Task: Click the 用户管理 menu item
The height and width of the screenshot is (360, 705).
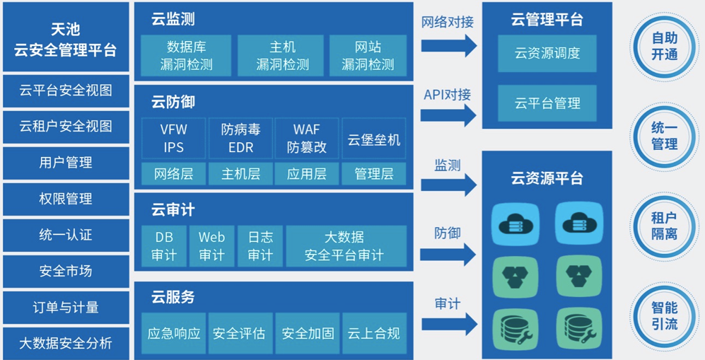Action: tap(66, 163)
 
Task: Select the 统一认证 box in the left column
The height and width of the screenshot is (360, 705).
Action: tap(66, 235)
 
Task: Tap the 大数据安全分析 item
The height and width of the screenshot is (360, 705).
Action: tap(66, 344)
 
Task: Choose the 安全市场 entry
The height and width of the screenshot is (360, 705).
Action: tap(66, 271)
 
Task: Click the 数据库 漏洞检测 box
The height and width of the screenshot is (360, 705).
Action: tap(186, 57)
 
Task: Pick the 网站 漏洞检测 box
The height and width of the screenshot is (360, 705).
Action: tap(368, 57)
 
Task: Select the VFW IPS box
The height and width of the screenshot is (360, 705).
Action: tap(173, 139)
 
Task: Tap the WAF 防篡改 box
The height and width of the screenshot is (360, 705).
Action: tap(307, 139)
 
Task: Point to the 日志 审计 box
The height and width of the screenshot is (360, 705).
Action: tap(260, 245)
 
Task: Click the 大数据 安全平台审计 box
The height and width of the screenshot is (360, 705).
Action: tap(346, 245)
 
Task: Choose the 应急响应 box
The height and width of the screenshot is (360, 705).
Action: tap(173, 332)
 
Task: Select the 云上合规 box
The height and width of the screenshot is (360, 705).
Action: tap(374, 332)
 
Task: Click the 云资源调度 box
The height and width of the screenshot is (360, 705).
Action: tap(547, 53)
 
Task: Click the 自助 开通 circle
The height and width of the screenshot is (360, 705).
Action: tap(665, 46)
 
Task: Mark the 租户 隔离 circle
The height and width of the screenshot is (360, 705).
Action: tap(665, 226)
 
